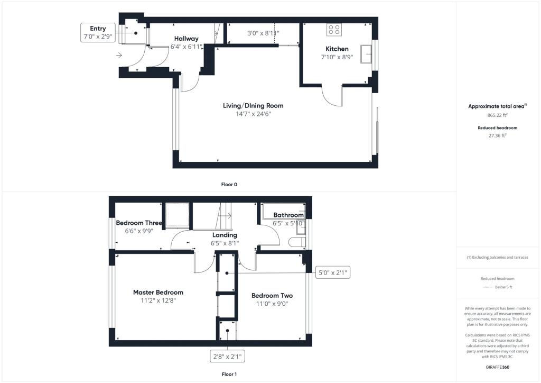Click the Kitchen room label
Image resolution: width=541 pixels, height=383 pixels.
tap(337, 49)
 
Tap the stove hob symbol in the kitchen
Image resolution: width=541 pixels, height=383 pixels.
tap(334, 29)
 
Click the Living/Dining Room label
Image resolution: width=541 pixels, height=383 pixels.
tap(253, 106)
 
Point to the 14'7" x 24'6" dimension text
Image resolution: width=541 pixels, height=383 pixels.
tap(253, 114)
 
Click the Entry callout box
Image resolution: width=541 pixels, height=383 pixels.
tap(98, 32)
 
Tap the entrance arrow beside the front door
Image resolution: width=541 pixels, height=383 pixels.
tap(119, 55)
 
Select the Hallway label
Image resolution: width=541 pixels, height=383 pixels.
tap(186, 39)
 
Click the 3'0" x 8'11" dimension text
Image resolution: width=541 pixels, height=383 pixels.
tap(263, 33)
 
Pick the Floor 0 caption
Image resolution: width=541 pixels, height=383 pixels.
tap(229, 185)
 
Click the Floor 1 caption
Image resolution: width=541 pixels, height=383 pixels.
tap(229, 374)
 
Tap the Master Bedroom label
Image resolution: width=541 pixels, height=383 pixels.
tap(158, 292)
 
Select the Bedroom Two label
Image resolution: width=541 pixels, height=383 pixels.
tap(272, 296)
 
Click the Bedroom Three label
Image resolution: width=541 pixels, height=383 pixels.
tap(139, 223)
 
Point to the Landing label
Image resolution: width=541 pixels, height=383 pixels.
tap(225, 235)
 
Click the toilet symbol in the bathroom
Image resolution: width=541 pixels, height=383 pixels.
tap(297, 242)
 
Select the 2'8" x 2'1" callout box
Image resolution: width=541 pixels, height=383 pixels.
tap(227, 356)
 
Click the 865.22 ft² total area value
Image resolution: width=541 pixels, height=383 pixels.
tap(497, 115)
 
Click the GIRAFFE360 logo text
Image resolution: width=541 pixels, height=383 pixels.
tap(497, 367)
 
